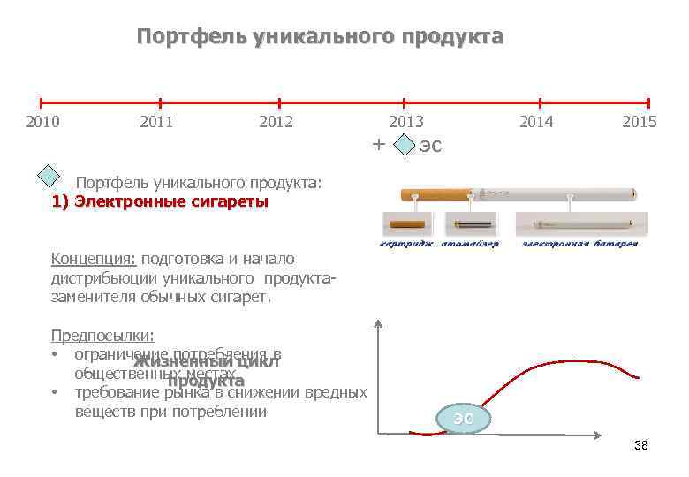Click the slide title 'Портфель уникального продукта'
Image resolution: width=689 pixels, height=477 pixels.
pos(320,37)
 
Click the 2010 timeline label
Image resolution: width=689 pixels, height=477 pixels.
pos(42,122)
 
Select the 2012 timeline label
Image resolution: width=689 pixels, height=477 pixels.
pos(276,122)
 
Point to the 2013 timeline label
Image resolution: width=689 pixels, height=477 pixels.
pos(406,122)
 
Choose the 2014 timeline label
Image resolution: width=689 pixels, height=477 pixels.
pos(536,122)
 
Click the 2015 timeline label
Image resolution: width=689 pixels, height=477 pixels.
pos(639,122)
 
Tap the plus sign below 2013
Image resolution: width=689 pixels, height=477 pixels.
pos(378,144)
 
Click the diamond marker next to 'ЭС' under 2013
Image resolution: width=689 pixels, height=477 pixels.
pos(404,146)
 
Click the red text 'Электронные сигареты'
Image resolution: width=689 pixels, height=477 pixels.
pos(170,201)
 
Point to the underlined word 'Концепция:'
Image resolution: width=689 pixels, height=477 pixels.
pos(93,259)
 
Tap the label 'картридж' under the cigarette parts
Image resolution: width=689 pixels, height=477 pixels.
pos(406,244)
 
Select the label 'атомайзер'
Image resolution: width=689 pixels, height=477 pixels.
pos(470,244)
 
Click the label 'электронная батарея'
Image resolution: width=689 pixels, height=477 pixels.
pos(579,244)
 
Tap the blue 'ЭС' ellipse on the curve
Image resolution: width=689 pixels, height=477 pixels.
pos(463,419)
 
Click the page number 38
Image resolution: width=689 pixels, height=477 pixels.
pos(640,446)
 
